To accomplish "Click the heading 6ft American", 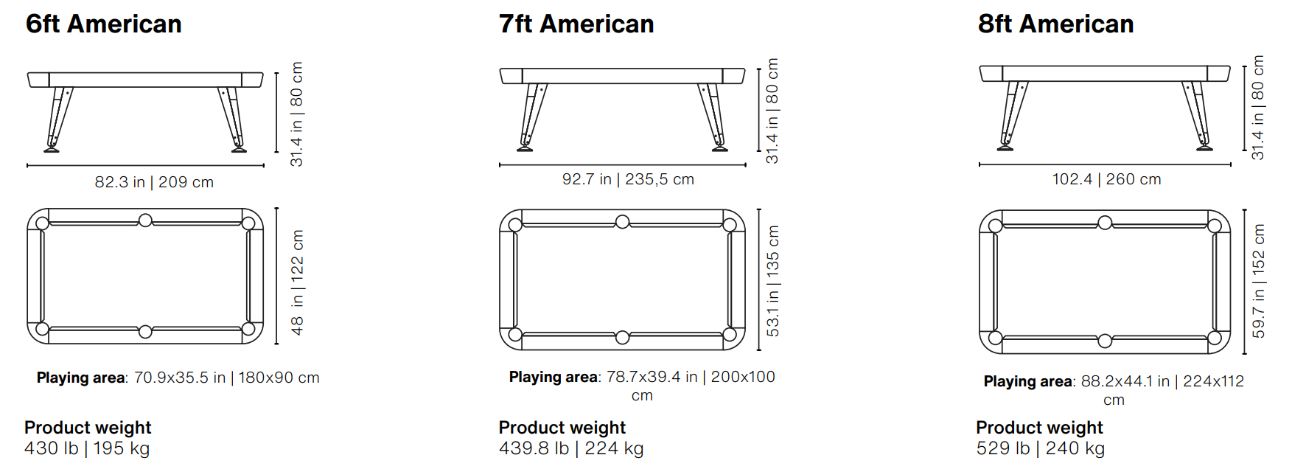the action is [104, 24].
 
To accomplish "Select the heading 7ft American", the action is [576, 24].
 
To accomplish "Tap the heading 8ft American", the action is [1055, 24].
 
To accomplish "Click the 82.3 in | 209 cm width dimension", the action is [154, 182].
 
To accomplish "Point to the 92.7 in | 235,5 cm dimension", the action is [628, 179].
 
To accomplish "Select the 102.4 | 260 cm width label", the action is [1106, 179].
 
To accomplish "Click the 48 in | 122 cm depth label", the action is [297, 282].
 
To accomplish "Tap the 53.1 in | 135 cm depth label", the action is [772, 281].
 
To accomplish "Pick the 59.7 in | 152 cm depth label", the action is [1258, 281].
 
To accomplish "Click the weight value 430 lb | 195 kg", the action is [87, 448].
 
